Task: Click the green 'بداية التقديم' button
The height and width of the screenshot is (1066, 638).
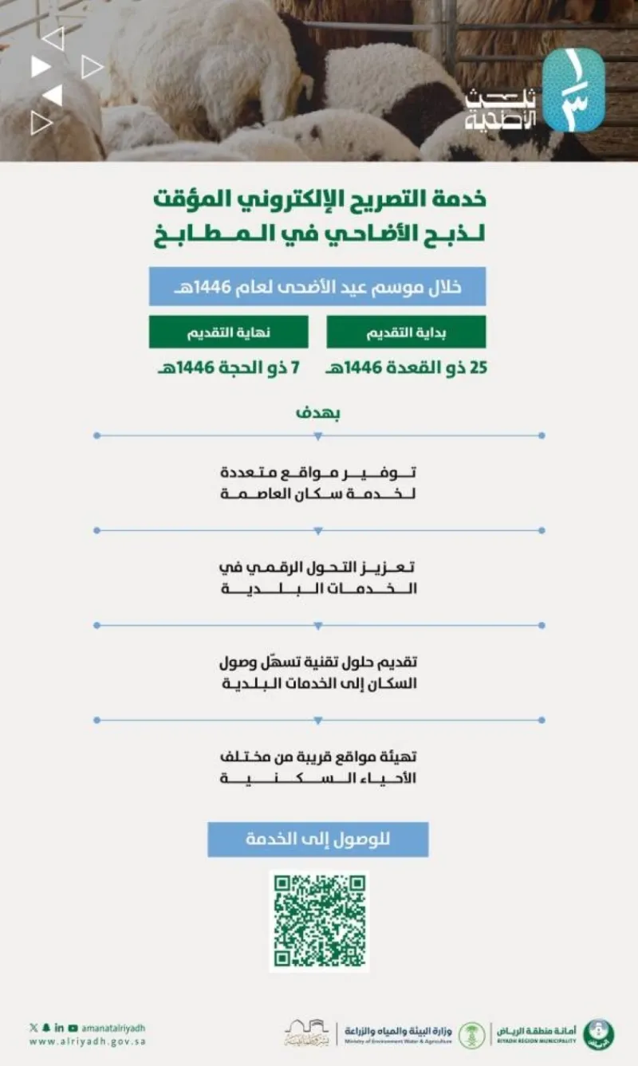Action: click(406, 332)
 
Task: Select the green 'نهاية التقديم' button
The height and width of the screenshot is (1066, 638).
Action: click(228, 332)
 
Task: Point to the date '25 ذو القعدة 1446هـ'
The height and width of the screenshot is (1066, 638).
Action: click(408, 370)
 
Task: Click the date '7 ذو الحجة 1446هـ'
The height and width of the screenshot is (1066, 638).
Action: click(228, 370)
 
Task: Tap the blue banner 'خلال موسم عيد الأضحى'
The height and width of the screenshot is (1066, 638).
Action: click(317, 287)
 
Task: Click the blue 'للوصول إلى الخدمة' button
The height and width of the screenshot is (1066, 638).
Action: click(317, 840)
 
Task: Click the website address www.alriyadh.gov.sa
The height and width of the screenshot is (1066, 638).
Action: click(88, 1041)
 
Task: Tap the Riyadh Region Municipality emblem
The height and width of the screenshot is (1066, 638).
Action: click(598, 1034)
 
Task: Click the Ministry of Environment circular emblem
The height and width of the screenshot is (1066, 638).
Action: click(471, 1035)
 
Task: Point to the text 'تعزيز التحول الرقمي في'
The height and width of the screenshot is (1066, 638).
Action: click(318, 567)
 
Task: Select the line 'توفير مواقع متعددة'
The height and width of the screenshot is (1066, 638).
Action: click(318, 473)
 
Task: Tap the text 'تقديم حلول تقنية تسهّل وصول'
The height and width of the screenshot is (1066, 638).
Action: click(318, 662)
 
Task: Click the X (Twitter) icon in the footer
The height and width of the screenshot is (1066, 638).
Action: click(33, 1028)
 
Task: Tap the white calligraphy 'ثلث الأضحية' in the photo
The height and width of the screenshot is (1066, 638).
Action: click(502, 110)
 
